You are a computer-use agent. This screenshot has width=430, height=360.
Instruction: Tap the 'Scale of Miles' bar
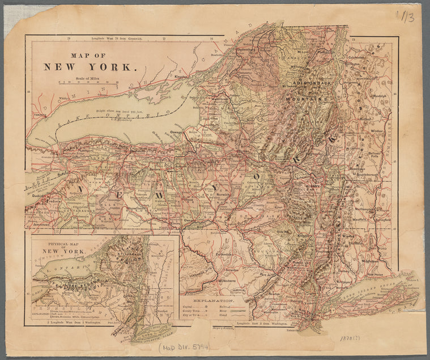88,82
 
